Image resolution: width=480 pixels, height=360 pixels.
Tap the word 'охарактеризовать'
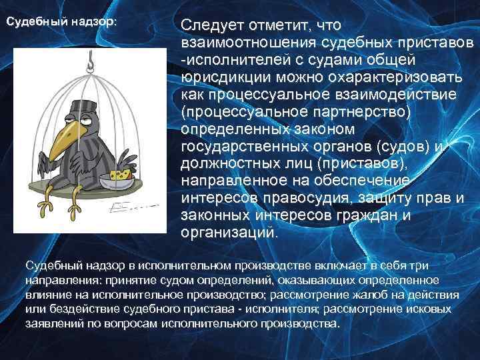pos(393,77)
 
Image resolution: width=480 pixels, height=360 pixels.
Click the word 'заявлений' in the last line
pos(54,323)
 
